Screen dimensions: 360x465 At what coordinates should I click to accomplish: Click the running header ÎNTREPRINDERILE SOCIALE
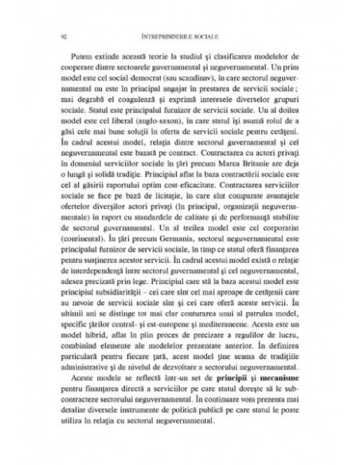click(x=181, y=36)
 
